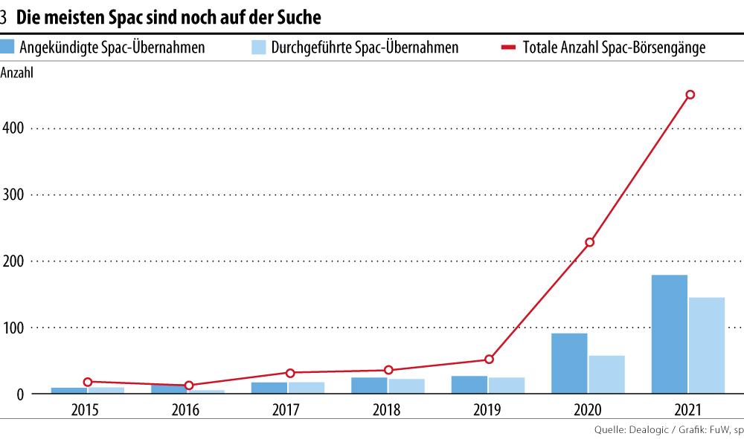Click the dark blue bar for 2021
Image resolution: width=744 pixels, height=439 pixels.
pos(669,334)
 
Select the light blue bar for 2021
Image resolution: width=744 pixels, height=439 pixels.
pos(707,345)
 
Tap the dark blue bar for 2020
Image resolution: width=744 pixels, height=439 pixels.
pos(569,363)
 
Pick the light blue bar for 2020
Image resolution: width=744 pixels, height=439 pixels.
pos(606,374)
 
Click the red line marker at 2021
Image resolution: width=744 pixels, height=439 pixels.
pos(690,94)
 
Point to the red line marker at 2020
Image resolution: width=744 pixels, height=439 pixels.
pos(589,242)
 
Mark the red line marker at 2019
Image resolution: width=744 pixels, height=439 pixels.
pos(489,360)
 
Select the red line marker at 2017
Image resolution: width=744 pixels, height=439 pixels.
pos(289,373)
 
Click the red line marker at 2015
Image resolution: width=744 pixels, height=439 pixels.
pos(88,382)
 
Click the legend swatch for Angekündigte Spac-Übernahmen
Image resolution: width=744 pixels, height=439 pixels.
pos(8,48)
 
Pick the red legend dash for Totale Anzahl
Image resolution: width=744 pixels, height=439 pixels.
pos(509,48)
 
